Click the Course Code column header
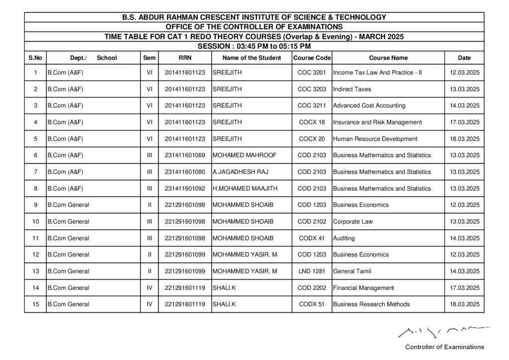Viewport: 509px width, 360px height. click(312, 58)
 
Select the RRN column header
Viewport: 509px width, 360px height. click(185, 58)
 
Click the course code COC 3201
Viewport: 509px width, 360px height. click(312, 73)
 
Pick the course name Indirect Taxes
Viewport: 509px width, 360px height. click(352, 89)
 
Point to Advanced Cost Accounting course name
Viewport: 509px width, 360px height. click(369, 105)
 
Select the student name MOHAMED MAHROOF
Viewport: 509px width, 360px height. click(244, 155)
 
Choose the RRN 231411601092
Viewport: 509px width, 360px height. click(185, 188)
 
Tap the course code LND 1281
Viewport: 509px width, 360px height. click(312, 271)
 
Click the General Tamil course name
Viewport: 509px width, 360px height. click(352, 271)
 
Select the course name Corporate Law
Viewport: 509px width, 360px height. click(353, 221)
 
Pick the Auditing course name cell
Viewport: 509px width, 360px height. click(344, 238)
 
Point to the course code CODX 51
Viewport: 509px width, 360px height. click(312, 304)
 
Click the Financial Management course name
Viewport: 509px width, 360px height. click(363, 287)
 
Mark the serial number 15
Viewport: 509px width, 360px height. click(35, 304)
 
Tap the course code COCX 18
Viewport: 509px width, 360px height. click(312, 122)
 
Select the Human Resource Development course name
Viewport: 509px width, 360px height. click(375, 139)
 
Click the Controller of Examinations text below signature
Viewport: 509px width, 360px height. click(444, 347)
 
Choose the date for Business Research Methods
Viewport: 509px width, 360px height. click(464, 304)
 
